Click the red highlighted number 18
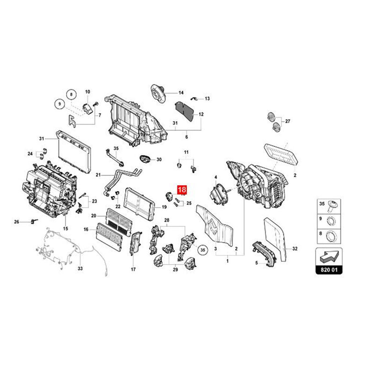click(182, 189)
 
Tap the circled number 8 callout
click(71, 95)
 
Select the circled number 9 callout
click(60, 104)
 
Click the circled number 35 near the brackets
click(203, 250)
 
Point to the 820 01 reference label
click(329, 270)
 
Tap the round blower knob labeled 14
click(158, 93)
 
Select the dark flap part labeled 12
click(184, 111)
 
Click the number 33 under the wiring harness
click(80, 269)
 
